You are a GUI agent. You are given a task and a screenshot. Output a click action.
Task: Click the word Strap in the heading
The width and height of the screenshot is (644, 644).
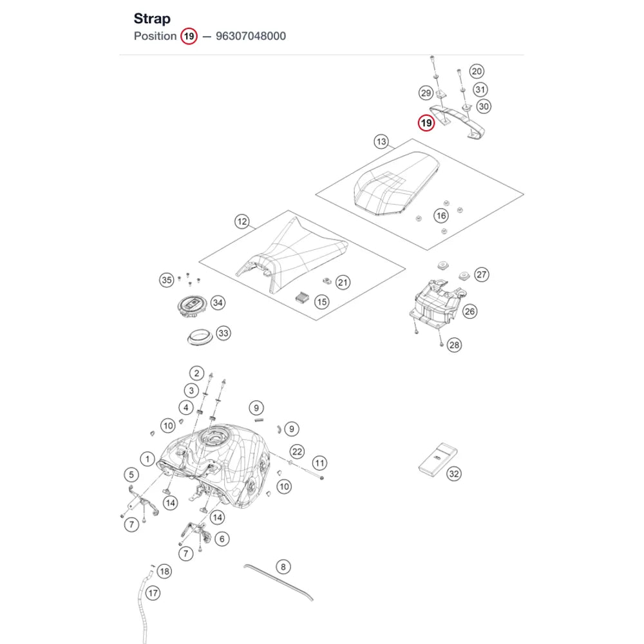pos(152,19)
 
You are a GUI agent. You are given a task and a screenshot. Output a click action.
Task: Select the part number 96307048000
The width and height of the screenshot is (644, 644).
pos(251,36)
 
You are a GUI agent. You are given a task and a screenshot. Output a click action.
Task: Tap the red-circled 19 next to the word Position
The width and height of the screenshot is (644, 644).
pos(189,36)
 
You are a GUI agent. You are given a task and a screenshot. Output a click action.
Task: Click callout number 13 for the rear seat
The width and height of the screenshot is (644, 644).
pos(381,142)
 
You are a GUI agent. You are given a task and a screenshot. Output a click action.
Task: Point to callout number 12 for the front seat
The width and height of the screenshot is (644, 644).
pos(242,222)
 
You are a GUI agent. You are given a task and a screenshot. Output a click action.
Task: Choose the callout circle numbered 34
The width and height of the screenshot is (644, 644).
pos(218,303)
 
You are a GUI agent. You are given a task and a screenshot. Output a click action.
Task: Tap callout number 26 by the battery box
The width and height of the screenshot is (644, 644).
pos(470,311)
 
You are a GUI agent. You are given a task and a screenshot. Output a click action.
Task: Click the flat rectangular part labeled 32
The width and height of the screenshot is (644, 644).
pos(438,460)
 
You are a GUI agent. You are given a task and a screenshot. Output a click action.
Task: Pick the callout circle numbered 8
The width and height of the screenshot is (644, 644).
pos(283,567)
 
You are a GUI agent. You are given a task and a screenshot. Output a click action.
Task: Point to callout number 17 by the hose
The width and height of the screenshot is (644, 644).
pos(153,593)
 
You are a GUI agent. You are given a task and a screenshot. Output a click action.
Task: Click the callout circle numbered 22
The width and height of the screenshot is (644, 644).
pos(297,452)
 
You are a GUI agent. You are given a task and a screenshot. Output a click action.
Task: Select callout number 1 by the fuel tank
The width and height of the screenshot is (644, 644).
pos(147,459)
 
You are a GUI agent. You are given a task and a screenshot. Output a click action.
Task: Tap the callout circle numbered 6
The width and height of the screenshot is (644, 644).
pos(222,539)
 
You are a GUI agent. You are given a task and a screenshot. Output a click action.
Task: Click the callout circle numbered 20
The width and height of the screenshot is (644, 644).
pos(477,71)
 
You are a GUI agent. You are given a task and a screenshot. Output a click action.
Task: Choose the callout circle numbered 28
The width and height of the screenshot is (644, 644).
pos(454,345)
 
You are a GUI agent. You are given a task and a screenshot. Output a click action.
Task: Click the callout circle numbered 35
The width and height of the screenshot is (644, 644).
pos(167,280)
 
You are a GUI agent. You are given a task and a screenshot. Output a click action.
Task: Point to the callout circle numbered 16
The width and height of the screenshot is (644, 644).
pos(441,216)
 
